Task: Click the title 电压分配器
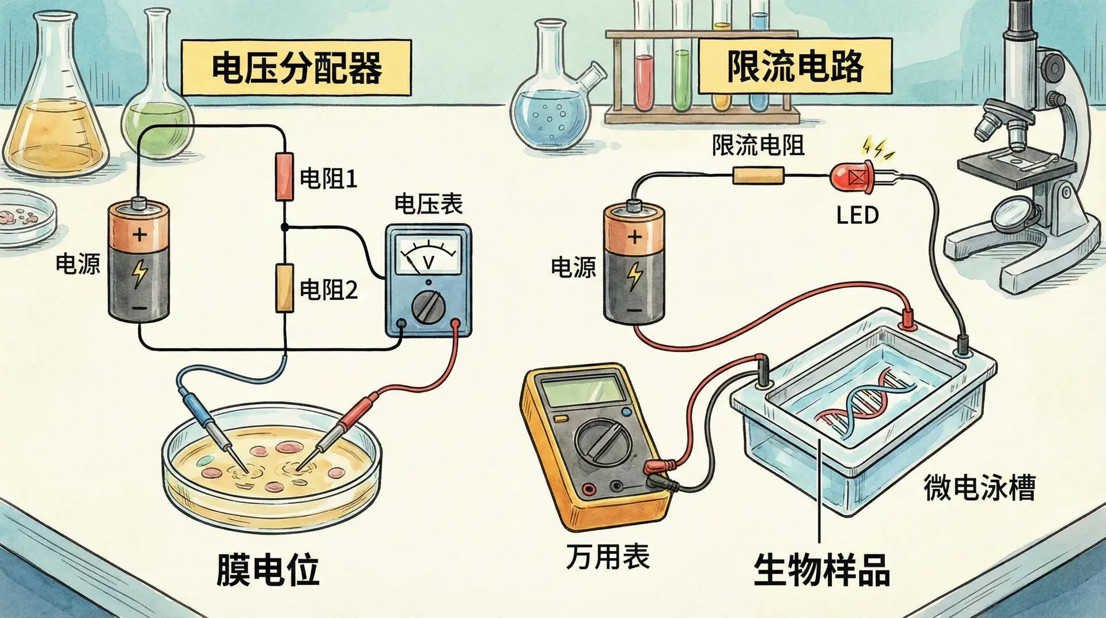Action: click(296, 67)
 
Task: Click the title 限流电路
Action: click(795, 66)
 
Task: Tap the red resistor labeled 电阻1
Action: click(285, 176)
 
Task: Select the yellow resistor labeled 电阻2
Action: click(284, 287)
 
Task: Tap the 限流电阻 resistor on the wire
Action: click(758, 175)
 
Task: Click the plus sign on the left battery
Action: click(139, 235)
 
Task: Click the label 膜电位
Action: click(267, 570)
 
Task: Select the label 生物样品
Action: click(821, 570)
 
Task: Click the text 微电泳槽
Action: click(979, 488)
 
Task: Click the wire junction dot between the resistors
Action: click(285, 227)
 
